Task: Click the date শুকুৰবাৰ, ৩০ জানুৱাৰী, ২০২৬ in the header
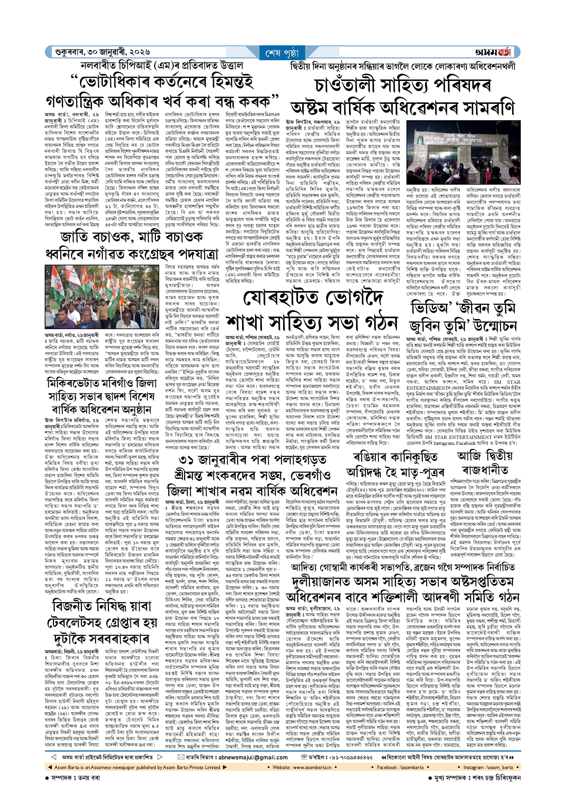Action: coord(102,52)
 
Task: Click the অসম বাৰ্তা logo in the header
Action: coord(493,52)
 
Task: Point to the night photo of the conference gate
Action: coord(463,152)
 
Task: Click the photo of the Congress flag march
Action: coord(102,296)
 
